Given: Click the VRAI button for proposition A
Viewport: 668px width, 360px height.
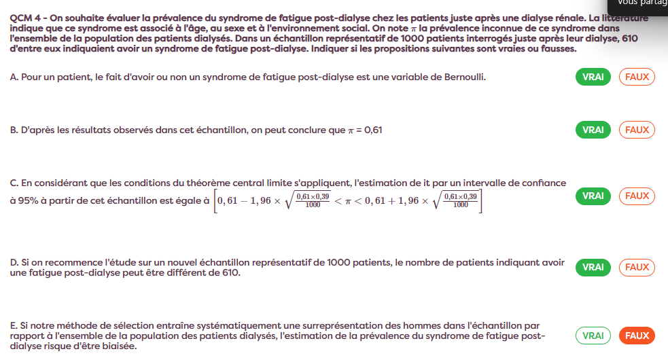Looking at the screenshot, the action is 593,77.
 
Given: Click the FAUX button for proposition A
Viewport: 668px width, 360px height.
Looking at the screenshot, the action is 637,77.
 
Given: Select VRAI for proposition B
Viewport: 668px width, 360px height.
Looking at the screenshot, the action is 593,129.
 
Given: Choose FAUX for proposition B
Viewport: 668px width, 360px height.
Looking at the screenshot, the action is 637,129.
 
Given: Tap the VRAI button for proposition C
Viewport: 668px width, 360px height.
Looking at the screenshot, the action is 593,196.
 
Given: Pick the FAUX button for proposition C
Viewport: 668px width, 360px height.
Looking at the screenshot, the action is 637,196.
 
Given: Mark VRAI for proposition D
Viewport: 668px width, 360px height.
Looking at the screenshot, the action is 593,267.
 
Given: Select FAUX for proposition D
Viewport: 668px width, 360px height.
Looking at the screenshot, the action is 637,267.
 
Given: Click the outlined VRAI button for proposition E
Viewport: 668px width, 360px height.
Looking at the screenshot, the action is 593,336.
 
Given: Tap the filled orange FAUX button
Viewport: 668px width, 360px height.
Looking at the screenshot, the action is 637,336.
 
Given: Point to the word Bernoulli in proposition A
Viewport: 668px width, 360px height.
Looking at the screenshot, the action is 464,77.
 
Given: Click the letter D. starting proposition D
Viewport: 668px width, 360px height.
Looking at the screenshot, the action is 14,262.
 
